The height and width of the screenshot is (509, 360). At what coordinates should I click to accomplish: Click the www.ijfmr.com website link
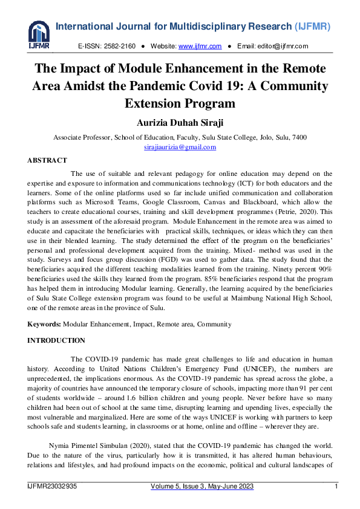click(x=200, y=47)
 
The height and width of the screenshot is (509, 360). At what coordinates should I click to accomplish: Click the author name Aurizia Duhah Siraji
click(x=180, y=123)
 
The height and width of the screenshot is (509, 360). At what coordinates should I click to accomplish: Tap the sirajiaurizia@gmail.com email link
click(x=180, y=148)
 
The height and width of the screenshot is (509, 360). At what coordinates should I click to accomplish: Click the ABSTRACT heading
click(x=47, y=160)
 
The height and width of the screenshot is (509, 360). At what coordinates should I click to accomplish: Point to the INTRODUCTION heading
click(x=56, y=340)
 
